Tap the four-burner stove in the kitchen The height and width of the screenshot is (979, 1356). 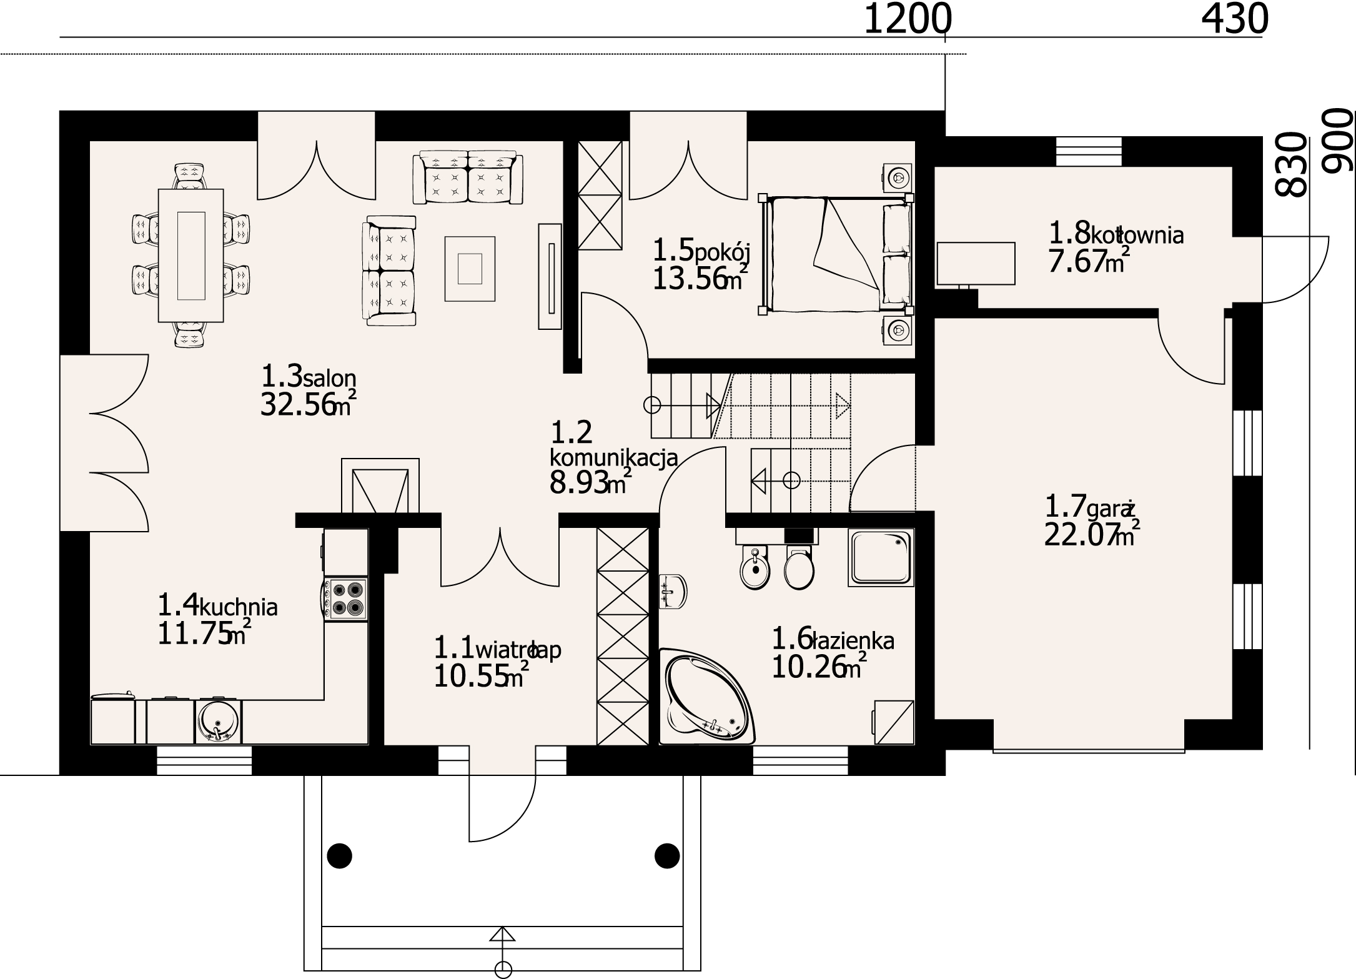345,599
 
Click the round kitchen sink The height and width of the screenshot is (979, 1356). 218,721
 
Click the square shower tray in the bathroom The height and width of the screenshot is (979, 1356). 881,557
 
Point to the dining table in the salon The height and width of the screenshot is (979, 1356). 191,255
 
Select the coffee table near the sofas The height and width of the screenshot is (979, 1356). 470,269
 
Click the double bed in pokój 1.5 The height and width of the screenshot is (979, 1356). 836,254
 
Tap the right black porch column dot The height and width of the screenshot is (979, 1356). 667,855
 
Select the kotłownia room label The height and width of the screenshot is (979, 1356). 1136,236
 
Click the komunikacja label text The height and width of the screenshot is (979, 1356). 613,457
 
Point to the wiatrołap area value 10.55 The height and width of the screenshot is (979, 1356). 470,677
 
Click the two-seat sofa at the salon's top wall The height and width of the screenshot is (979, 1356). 468,177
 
